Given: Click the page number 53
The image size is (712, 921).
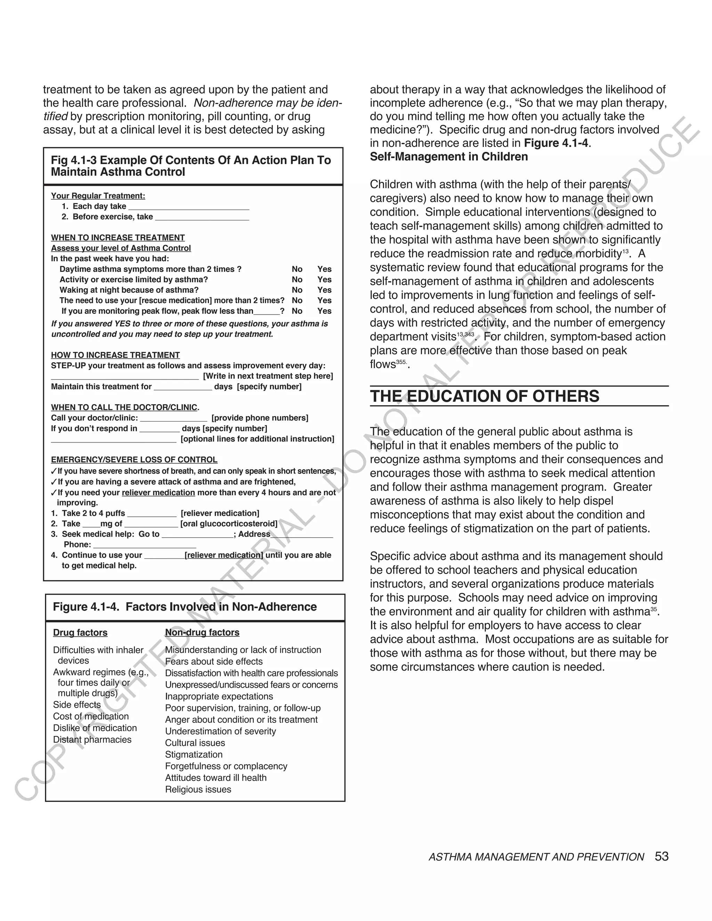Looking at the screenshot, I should pyautogui.click(x=661, y=856).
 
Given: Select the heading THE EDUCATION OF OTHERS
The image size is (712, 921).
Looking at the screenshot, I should pyautogui.click(x=484, y=397).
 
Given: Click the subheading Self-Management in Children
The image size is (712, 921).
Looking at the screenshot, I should pyautogui.click(x=448, y=157).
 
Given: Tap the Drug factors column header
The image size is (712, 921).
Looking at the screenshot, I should pyautogui.click(x=80, y=633).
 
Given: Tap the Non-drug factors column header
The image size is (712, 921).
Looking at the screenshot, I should pyautogui.click(x=202, y=633).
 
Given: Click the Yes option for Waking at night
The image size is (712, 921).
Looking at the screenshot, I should pyautogui.click(x=324, y=290).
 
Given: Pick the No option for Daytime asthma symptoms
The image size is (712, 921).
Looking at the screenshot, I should pyautogui.click(x=297, y=269).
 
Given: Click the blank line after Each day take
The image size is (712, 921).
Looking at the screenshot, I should pyautogui.click(x=188, y=207).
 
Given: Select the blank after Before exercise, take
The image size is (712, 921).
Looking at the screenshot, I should pyautogui.click(x=202, y=218).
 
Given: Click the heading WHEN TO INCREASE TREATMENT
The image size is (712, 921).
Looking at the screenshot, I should pyautogui.click(x=118, y=238).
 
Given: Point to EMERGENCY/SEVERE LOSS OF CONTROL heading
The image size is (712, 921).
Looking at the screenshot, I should pyautogui.click(x=134, y=460).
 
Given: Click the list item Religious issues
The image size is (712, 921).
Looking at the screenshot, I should pyautogui.click(x=198, y=789).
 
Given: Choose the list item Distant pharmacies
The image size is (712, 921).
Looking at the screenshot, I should pyautogui.click(x=92, y=740).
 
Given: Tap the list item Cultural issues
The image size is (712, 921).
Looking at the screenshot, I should pyautogui.click(x=195, y=743).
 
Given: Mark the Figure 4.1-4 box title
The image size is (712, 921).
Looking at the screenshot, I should pyautogui.click(x=185, y=607).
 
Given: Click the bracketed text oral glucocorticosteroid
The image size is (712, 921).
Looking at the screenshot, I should pyautogui.click(x=229, y=524).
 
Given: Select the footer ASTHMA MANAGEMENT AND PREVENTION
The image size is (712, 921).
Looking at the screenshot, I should pyautogui.click(x=536, y=857).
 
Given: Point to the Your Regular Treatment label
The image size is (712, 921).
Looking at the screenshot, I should pyautogui.click(x=98, y=196).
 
